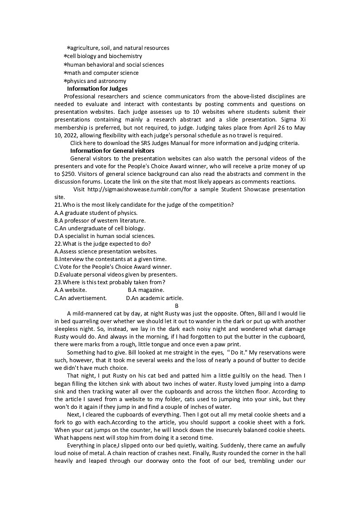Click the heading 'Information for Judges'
97,89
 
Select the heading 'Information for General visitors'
112,150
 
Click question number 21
58,205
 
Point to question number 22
58,243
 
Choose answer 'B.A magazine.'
146,290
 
